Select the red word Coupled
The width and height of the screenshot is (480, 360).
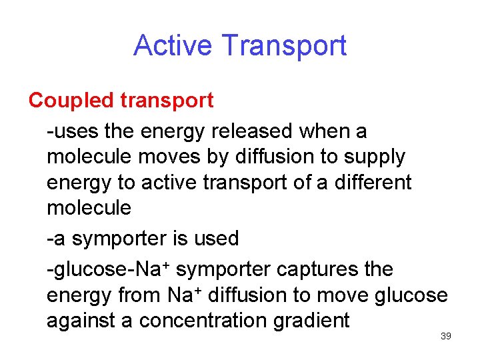pos(72,101)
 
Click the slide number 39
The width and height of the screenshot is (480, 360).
pos(446,336)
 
